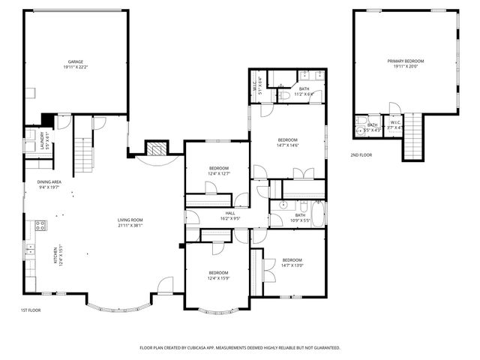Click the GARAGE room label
[76, 61]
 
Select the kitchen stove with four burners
[40, 224]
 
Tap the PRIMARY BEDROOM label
[406, 61]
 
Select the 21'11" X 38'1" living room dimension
[130, 225]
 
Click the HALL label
[229, 214]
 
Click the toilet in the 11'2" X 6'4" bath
[285, 95]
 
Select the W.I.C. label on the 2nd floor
[395, 122]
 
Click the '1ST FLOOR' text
[31, 310]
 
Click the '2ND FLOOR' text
[361, 154]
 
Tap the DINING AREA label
[49, 182]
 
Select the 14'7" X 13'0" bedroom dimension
[292, 265]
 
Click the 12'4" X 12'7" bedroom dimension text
[219, 173]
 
